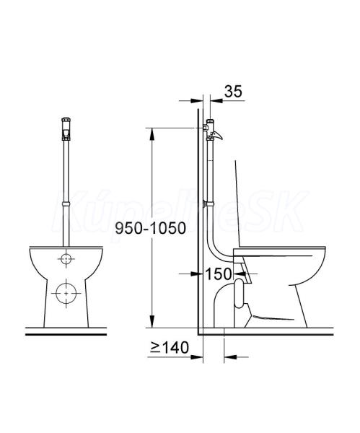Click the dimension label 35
[233, 91]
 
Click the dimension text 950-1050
[151, 228]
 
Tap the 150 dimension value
[219, 274]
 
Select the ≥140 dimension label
[170, 347]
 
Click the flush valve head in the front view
[66, 129]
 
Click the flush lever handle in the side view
[217, 136]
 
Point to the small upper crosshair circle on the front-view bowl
[66, 259]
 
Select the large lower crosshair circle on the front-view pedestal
[66, 293]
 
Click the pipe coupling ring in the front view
[66, 204]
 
